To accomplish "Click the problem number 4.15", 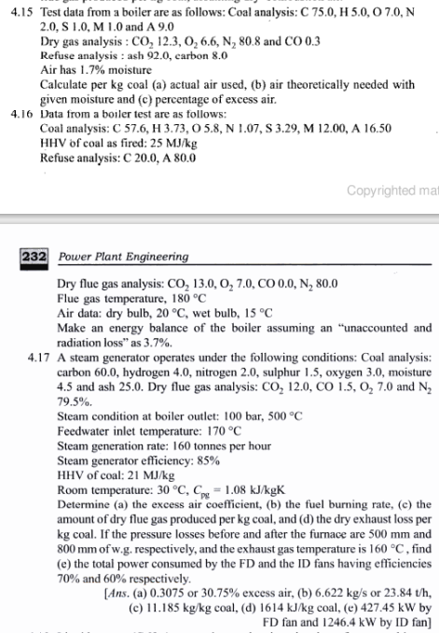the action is pos(21,13).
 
